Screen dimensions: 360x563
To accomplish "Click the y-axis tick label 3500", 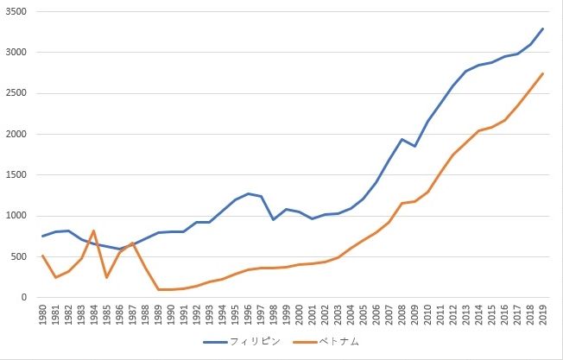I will (x=17, y=11).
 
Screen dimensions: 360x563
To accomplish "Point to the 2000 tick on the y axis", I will (x=17, y=134).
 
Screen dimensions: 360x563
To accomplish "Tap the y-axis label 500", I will (x=20, y=256).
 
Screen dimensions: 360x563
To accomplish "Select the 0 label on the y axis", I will (x=26, y=298).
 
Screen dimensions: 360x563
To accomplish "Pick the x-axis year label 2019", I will (x=542, y=316).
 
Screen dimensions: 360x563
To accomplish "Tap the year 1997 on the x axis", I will (x=261, y=316).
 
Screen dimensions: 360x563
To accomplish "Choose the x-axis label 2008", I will (x=402, y=316).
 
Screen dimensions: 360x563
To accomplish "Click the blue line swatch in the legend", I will (x=215, y=342).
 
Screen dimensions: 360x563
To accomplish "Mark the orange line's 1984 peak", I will (x=94, y=231).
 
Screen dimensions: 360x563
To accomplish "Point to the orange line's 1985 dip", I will (x=107, y=277).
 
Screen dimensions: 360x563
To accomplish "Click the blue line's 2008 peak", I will (x=402, y=139).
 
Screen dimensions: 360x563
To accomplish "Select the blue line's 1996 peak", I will (x=248, y=193).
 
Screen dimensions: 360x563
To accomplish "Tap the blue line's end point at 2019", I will (x=542, y=28).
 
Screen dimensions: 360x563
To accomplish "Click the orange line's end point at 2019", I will (x=542, y=73).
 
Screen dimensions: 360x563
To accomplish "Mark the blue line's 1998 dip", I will (x=274, y=219).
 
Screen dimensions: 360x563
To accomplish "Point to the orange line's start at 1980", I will (x=43, y=256).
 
